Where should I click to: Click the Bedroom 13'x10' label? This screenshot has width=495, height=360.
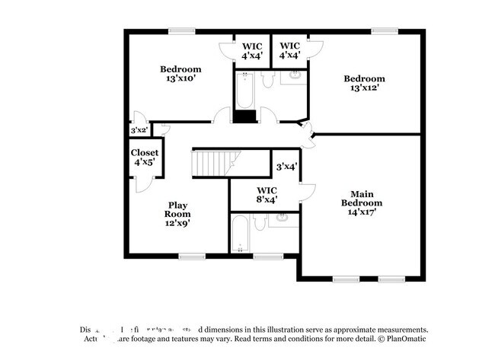click(180, 74)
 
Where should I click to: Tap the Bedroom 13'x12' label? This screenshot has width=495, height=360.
click(364, 83)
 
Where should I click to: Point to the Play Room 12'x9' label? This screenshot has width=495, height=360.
click(178, 214)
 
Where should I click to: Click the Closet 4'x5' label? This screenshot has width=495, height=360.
click(144, 158)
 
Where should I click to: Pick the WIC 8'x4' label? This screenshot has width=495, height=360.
click(267, 195)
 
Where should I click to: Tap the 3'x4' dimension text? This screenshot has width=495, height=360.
click(286, 166)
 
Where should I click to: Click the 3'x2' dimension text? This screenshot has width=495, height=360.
click(139, 131)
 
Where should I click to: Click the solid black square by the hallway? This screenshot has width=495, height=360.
click(244, 116)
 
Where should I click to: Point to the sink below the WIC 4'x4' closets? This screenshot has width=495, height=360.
click(293, 76)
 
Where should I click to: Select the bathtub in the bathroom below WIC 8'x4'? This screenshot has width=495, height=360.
click(239, 234)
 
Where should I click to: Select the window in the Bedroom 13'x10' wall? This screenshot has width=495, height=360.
click(180, 30)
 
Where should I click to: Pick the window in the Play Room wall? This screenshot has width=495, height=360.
click(191, 256)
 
